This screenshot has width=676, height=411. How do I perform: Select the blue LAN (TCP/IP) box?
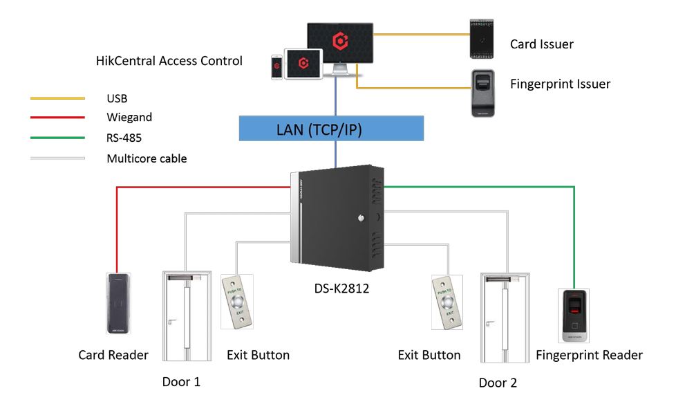(x=331, y=128)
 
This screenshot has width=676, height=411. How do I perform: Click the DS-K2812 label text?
(x=338, y=289)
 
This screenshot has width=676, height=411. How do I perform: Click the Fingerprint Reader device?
(x=574, y=315)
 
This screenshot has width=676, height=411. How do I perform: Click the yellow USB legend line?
(x=57, y=99)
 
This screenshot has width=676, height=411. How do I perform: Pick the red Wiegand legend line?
(x=57, y=118)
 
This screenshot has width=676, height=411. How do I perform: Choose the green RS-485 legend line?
(x=57, y=138)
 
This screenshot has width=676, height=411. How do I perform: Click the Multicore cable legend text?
(x=147, y=158)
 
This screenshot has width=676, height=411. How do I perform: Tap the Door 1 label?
(x=181, y=381)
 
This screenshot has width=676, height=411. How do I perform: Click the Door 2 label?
(x=498, y=383)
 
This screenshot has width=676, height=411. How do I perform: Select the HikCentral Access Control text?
(x=169, y=61)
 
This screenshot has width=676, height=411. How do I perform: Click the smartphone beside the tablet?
(x=276, y=66)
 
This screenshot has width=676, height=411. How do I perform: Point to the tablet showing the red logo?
(x=303, y=64)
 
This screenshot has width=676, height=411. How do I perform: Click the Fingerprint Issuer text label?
(x=560, y=84)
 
